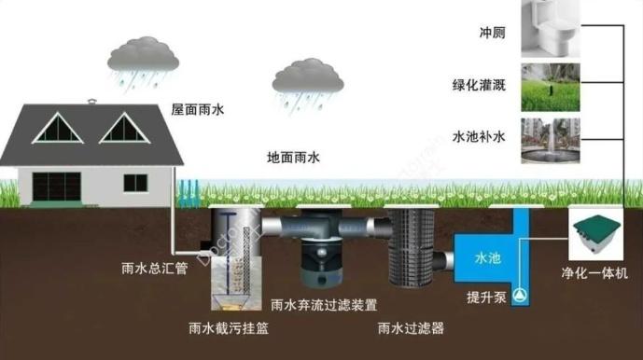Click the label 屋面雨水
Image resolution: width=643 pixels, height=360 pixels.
[x=198, y=109]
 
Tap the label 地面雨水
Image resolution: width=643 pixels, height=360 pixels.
[x=293, y=159]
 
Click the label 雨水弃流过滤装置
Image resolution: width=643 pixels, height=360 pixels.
[x=324, y=304]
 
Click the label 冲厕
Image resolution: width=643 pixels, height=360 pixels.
[x=493, y=32]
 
